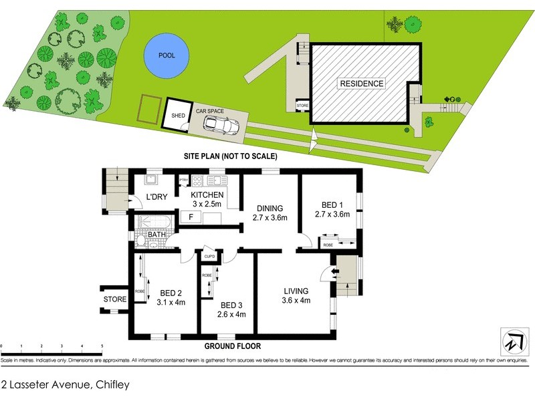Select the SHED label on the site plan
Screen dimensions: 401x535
(178, 116)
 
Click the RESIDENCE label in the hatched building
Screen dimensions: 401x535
(362, 84)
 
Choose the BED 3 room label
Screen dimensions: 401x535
(231, 309)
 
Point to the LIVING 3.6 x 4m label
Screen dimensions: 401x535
(295, 295)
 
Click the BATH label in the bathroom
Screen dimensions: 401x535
(156, 235)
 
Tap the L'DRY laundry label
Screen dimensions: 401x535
(156, 197)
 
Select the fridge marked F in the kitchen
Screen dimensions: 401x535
(191, 217)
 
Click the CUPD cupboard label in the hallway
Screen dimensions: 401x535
(209, 256)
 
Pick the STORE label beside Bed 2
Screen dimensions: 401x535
(114, 299)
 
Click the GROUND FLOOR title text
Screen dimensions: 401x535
(233, 346)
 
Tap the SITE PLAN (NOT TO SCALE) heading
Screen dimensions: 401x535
(231, 156)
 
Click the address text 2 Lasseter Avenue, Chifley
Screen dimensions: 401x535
(65, 384)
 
